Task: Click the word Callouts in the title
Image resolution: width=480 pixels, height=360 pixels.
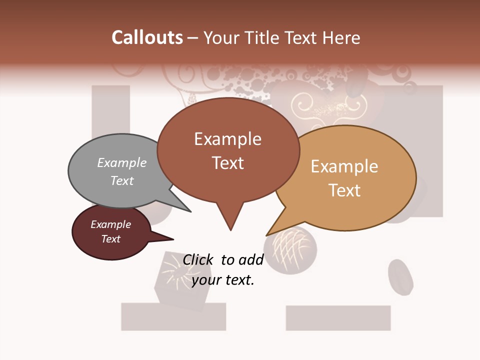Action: pos(147,37)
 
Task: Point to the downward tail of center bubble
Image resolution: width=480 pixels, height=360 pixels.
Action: pos(230,220)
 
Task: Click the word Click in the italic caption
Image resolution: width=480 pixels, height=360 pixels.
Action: pos(198,260)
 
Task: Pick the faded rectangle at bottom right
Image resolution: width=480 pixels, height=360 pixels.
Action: pos(338,318)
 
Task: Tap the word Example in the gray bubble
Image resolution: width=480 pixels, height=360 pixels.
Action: pos(122,162)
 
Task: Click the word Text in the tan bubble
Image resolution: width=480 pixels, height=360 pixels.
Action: pos(345,190)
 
